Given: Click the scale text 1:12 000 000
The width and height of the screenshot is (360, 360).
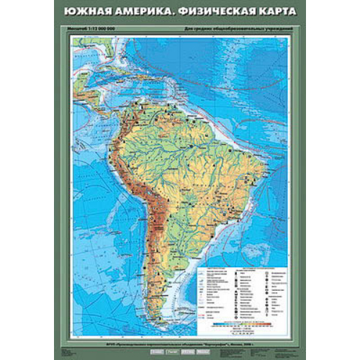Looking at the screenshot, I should (x=101, y=28).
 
